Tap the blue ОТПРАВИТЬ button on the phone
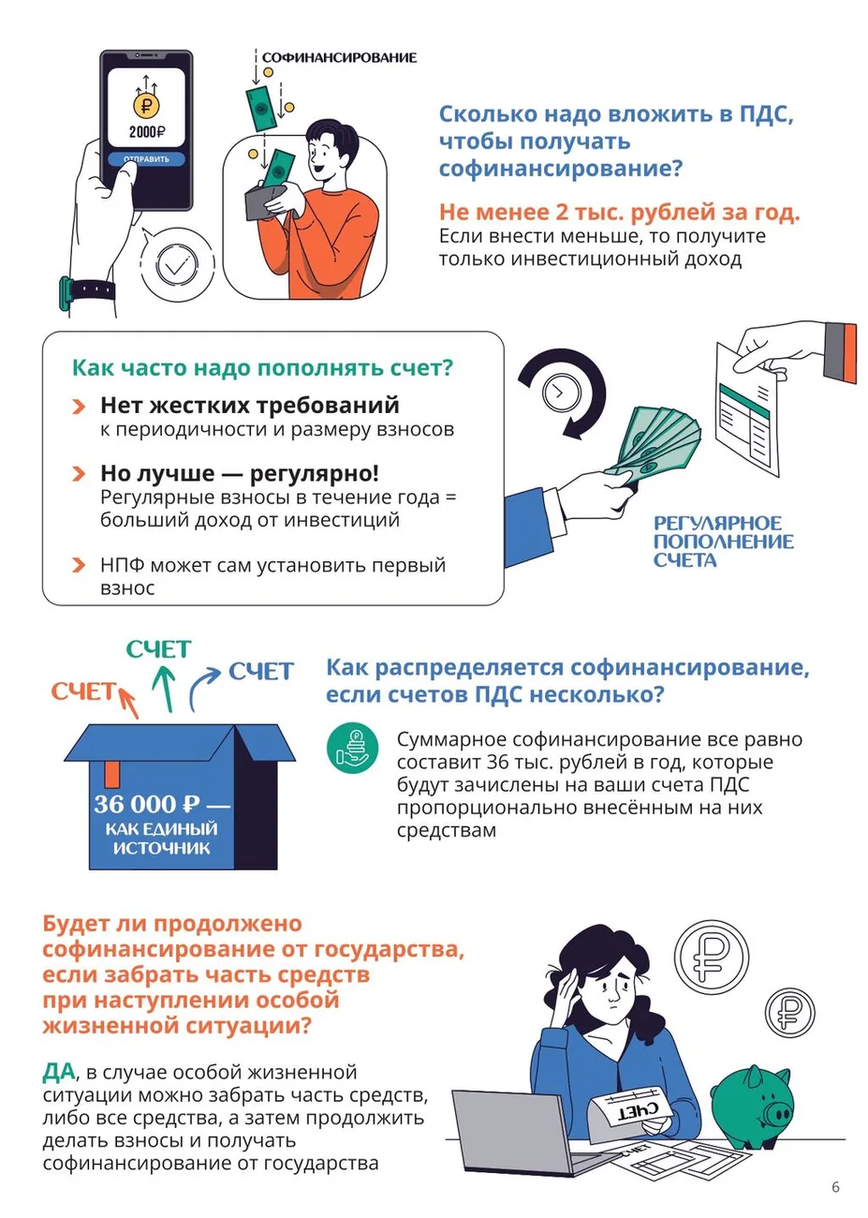pos(146,159)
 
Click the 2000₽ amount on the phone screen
pos(146,132)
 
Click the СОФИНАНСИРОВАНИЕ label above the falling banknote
pos(339,58)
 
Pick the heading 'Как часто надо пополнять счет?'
pos(262,368)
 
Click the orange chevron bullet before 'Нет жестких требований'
pos(80,407)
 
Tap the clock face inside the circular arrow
pos(558,393)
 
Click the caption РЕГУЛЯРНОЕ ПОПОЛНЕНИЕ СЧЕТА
pos(722,542)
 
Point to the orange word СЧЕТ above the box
pos(82,691)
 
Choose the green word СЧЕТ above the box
pos(158,649)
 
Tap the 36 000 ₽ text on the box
pos(147,804)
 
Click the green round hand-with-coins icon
pos(352,749)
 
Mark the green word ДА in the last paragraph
pos(58,1072)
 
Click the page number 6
pos(835,1187)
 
